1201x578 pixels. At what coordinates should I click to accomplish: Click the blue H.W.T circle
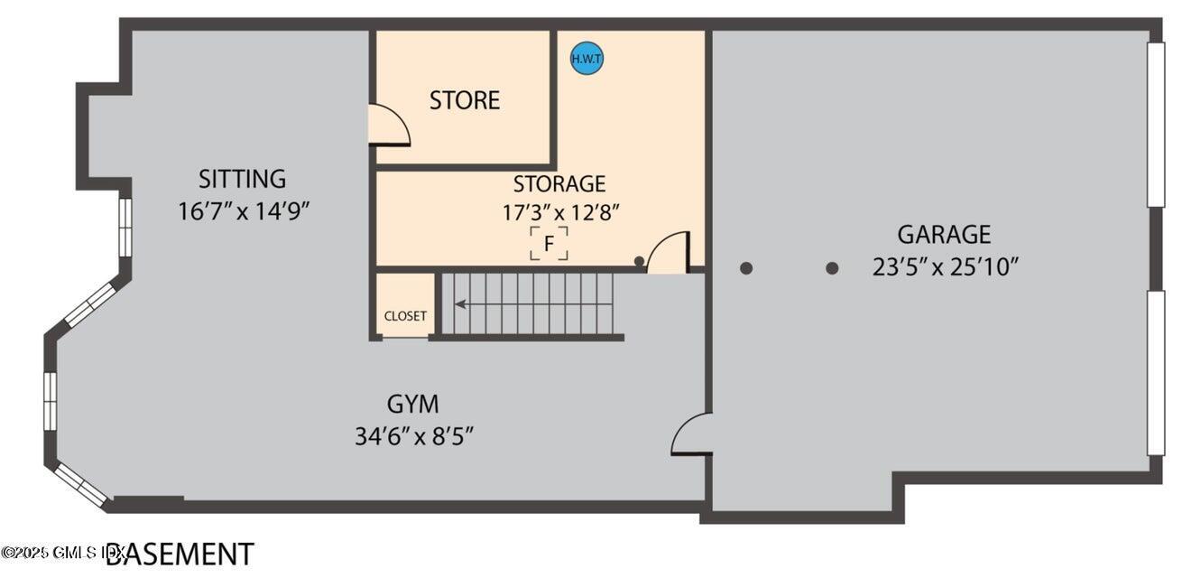[x=587, y=60]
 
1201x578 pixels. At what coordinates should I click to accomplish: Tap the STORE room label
[x=464, y=100]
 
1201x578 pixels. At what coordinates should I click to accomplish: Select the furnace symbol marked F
[x=549, y=244]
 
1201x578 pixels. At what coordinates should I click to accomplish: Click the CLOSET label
[x=405, y=316]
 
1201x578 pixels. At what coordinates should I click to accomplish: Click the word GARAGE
[x=943, y=235]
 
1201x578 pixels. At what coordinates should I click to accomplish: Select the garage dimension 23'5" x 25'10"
[x=945, y=267]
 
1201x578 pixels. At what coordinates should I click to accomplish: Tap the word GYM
[x=413, y=404]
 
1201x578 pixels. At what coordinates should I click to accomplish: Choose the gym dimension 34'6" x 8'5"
[x=414, y=436]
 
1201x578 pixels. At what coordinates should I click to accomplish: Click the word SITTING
[x=242, y=179]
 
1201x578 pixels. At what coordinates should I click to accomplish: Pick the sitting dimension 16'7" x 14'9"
[x=244, y=211]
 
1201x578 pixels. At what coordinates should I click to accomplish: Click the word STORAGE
[x=559, y=184]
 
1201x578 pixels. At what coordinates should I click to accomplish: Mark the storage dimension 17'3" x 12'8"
[x=560, y=213]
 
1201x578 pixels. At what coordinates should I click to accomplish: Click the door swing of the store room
[x=388, y=125]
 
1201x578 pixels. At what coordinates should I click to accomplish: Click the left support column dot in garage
[x=746, y=268]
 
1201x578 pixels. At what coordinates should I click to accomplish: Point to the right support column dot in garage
[x=832, y=268]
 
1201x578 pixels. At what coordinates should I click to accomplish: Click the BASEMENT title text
[x=180, y=553]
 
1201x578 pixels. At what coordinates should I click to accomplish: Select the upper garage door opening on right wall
[x=1155, y=125]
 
